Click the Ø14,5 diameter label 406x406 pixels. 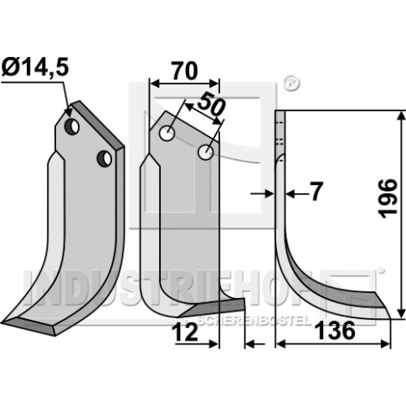(34, 69)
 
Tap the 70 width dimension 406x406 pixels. (184, 71)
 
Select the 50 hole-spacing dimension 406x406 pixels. (211, 105)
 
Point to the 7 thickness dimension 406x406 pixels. (316, 192)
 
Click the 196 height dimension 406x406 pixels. (388, 198)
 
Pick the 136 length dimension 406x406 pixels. (335, 331)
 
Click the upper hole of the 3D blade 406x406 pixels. (72, 127)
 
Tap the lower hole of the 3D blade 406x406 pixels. (104, 158)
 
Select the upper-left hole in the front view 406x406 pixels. (167, 133)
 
